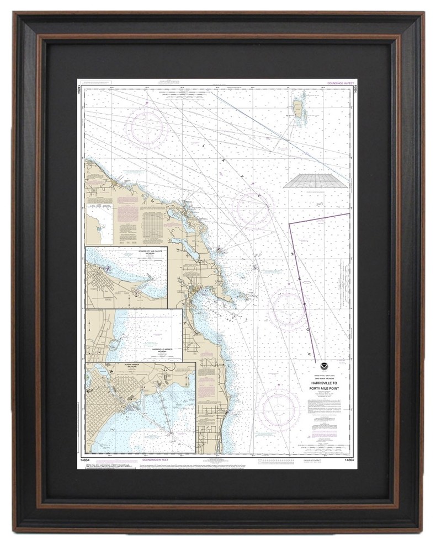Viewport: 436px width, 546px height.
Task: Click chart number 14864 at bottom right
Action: pyautogui.click(x=345, y=459)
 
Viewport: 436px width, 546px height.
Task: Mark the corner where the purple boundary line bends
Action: pyautogui.click(x=290, y=224)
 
